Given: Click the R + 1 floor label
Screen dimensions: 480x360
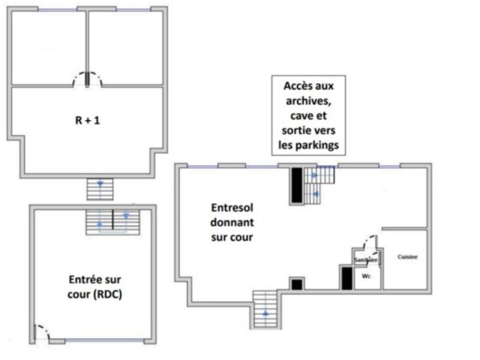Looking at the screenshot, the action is (x=88, y=120).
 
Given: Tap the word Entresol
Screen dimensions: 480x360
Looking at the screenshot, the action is (x=232, y=208).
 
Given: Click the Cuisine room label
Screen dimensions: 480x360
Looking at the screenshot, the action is (x=407, y=256).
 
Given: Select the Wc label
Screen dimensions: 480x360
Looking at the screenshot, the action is (x=366, y=276).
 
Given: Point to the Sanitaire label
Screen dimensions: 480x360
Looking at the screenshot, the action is (x=366, y=260).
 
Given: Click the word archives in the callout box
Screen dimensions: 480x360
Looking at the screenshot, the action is (x=308, y=100).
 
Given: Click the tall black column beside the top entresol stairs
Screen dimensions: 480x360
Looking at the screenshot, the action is (x=297, y=185).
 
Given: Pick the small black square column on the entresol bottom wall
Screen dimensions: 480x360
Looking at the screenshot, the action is (x=297, y=284).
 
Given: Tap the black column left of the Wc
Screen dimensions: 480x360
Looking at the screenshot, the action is (x=346, y=278).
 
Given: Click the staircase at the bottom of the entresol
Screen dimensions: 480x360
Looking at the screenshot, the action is (x=265, y=309).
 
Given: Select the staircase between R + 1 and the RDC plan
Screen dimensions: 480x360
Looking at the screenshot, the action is (x=100, y=189).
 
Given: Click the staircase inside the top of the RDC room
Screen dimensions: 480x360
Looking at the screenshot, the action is (x=112, y=222).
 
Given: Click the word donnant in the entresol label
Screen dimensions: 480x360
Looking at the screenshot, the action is (x=232, y=223).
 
